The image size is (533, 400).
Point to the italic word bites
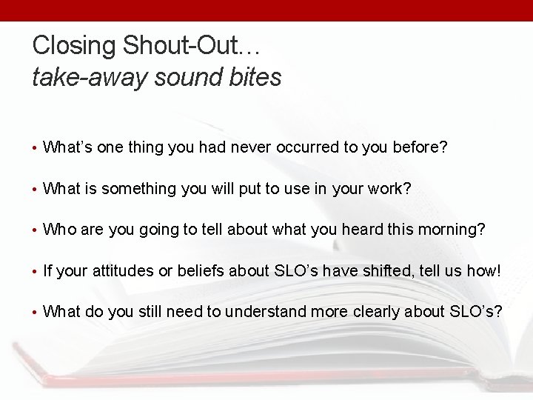point(255,76)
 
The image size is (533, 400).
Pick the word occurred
point(307,147)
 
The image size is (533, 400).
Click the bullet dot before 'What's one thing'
point(35,148)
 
